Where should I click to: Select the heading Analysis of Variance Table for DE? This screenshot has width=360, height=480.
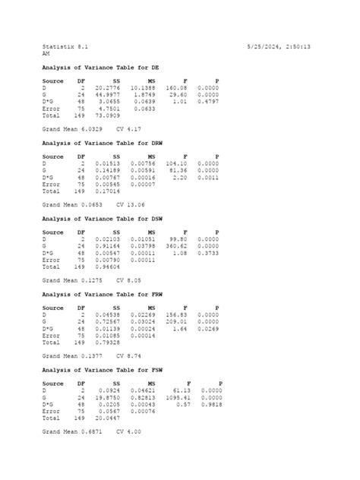pos(101,68)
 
